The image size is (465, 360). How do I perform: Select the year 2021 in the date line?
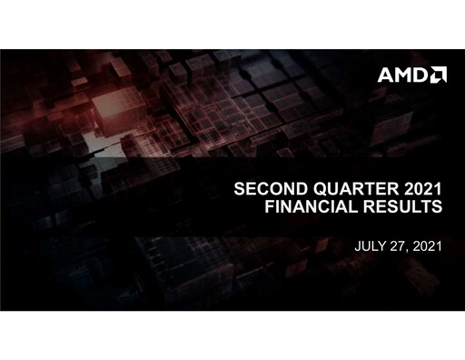(425, 245)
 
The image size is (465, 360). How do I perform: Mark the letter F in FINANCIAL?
(267, 208)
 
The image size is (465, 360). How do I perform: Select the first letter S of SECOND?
(240, 191)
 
